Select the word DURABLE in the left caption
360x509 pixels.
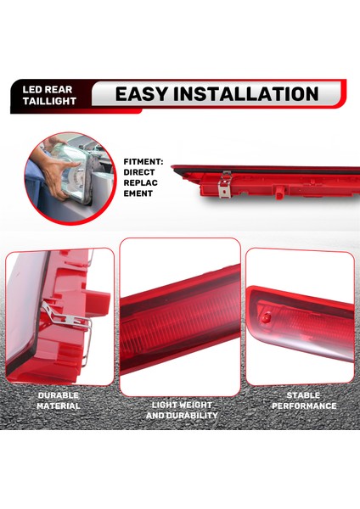click(x=58, y=395)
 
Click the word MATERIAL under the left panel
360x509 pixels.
click(x=58, y=406)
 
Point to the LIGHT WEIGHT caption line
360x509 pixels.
click(x=181, y=405)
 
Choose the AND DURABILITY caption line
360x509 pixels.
click(x=181, y=416)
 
